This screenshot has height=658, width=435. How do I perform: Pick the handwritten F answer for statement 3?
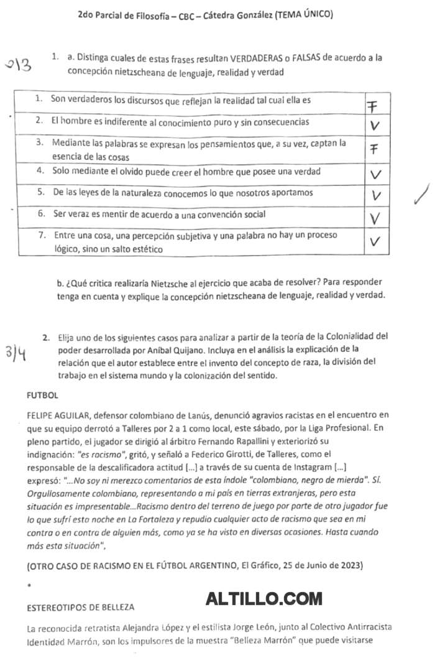(x=373, y=149)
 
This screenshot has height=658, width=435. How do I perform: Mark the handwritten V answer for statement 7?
(x=374, y=241)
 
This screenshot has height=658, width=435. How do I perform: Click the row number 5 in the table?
(x=40, y=193)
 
